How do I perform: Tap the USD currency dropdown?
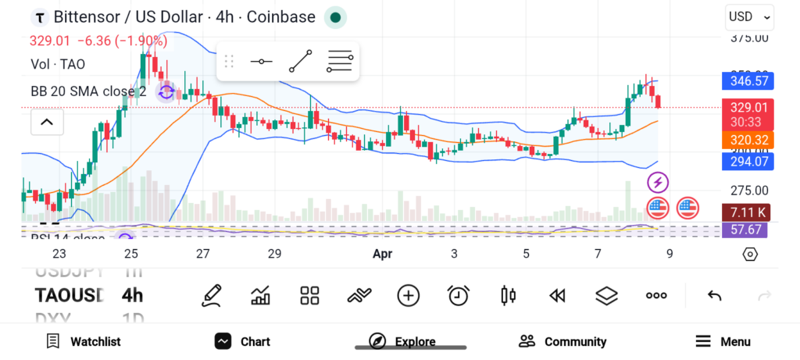click(749, 16)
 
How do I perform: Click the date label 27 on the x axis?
click(203, 254)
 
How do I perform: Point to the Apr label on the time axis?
click(382, 254)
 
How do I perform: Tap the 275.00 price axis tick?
click(748, 191)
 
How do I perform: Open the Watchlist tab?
click(84, 341)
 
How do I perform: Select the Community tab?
click(562, 341)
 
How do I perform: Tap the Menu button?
click(723, 341)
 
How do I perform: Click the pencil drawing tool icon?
click(211, 295)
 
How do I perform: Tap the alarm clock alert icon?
click(458, 295)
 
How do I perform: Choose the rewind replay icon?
click(557, 295)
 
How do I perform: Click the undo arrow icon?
click(714, 295)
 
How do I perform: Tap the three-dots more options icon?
click(656, 295)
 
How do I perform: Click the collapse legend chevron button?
click(47, 122)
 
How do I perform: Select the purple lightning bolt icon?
click(658, 183)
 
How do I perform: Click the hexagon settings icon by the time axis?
click(750, 254)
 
